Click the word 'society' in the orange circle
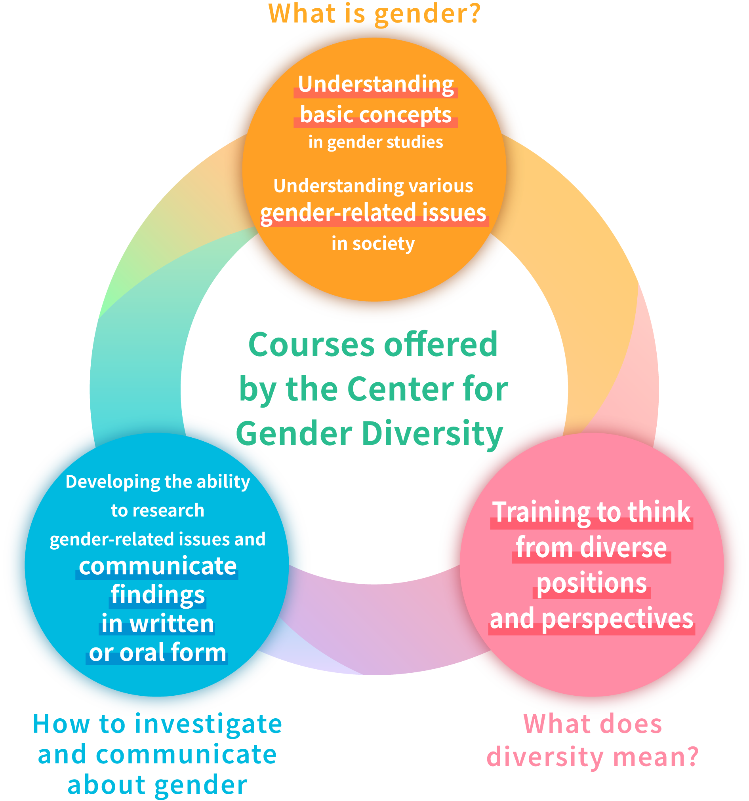tap(383, 244)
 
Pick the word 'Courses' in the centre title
tap(311, 345)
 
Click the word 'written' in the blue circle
tap(172, 624)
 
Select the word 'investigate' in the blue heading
tap(208, 724)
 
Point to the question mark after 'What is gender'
tap(475, 13)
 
